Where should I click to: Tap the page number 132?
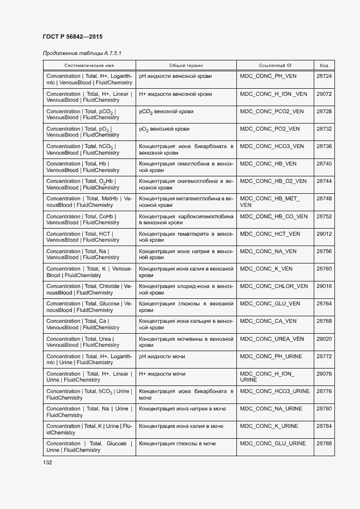tap(47, 462)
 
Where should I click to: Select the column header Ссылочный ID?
tap(275, 65)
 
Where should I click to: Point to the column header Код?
tap(324, 65)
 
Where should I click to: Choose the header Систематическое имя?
tap(89, 65)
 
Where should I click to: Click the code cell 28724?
tap(324, 76)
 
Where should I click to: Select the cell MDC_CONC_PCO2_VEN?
tap(272, 111)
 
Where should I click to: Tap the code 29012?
tap(324, 234)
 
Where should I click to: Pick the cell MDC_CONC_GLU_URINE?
tap(273, 444)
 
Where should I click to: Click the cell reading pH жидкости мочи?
tap(162, 357)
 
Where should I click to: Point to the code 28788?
tap(324, 444)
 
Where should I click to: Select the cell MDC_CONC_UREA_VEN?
tap(272, 339)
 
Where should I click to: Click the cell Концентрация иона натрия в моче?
tap(182, 409)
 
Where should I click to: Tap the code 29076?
tap(324, 374)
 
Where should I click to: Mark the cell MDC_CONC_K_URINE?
tap(269, 426)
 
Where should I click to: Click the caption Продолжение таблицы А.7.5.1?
tap(82, 53)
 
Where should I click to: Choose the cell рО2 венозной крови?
tap(164, 129)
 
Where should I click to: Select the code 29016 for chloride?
tap(324, 286)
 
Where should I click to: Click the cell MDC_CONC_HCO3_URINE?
tap(274, 391)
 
